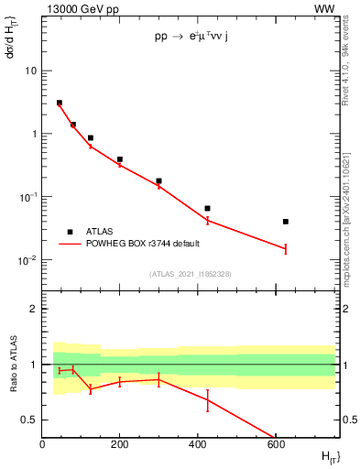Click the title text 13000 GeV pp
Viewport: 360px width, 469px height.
click(80, 8)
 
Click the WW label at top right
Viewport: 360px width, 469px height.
click(324, 8)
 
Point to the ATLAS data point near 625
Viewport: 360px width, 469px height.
click(286, 222)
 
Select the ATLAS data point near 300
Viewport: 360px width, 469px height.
click(158, 181)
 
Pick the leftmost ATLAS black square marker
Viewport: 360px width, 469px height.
click(60, 103)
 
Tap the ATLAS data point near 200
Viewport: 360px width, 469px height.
click(120, 159)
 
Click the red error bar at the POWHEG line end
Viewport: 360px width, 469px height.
click(286, 248)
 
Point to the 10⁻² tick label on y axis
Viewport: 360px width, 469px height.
click(27, 260)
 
